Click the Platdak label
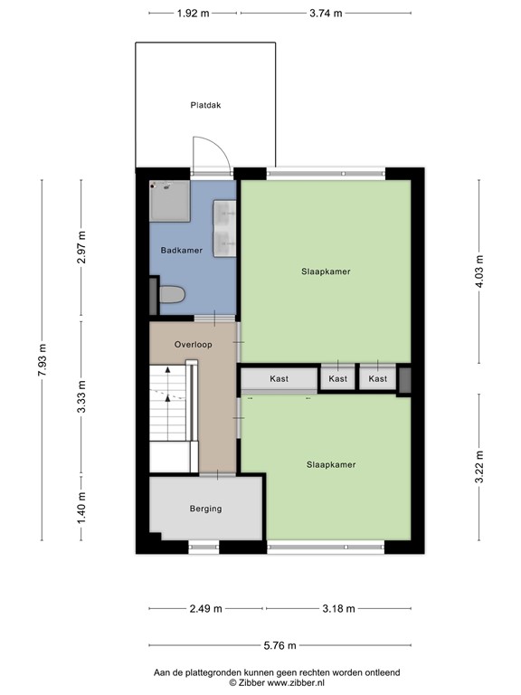click(205, 105)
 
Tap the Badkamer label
click(181, 250)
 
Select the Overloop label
click(194, 345)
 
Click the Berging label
click(205, 509)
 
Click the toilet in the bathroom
click(170, 295)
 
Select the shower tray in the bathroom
click(169, 201)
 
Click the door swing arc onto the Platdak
click(214, 151)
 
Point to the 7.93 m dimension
click(42, 361)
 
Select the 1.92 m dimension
click(193, 14)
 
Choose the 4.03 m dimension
click(479, 271)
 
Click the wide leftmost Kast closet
click(279, 378)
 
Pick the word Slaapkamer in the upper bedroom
click(326, 271)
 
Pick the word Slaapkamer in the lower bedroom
click(330, 464)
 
